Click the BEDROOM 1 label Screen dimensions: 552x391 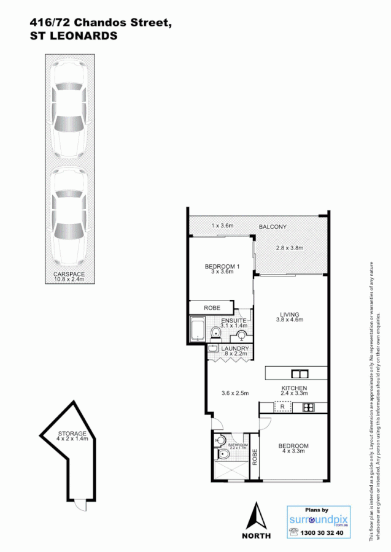[222, 266]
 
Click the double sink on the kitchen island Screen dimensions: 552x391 [300, 373]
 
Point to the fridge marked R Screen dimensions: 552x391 [282, 407]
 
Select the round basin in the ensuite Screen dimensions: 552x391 [242, 335]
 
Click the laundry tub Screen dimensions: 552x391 [212, 348]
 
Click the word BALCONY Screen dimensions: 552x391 [273, 227]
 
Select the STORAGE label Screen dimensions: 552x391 [73, 434]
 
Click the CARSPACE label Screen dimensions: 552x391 [69, 274]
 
